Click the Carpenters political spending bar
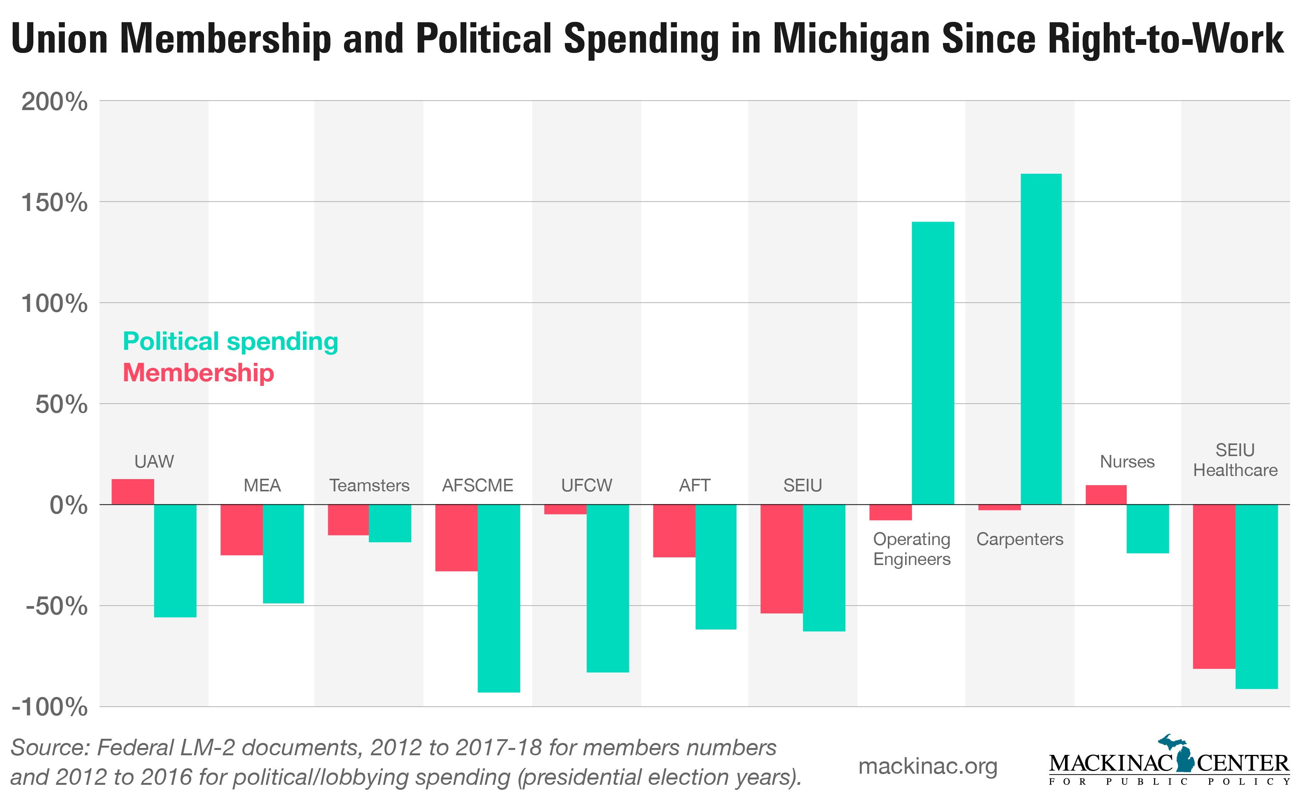(1040, 339)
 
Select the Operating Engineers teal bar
(933, 363)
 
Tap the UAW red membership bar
(133, 491)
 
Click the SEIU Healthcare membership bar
(1214, 586)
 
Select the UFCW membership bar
(565, 509)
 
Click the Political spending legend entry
(230, 341)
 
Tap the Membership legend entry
(198, 373)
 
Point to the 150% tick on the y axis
(54, 203)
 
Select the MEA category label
(262, 485)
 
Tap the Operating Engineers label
(912, 549)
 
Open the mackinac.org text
(928, 766)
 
